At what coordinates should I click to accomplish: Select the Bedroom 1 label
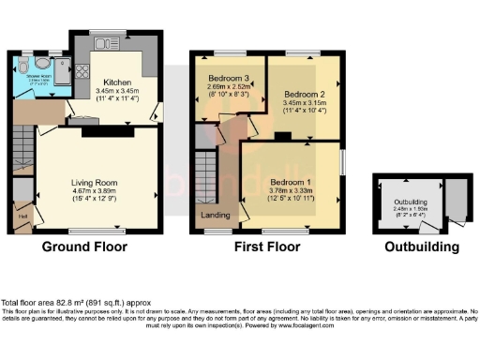pos(288,180)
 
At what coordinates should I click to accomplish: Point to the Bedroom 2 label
pos(304,95)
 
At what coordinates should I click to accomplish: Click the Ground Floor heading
pos(83,247)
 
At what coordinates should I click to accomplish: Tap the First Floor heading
pos(268,247)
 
